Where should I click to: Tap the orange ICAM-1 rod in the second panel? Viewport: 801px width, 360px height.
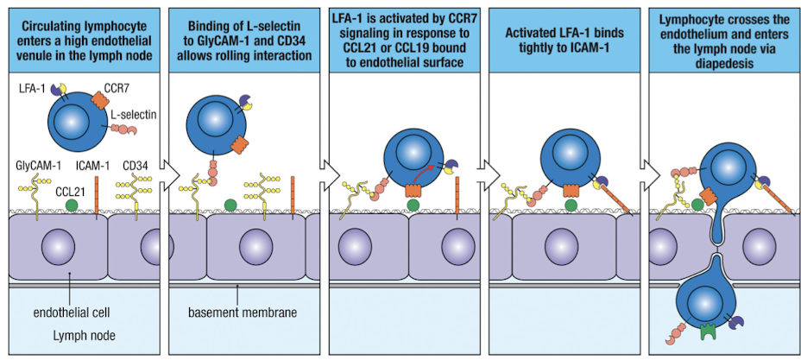click(294, 194)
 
